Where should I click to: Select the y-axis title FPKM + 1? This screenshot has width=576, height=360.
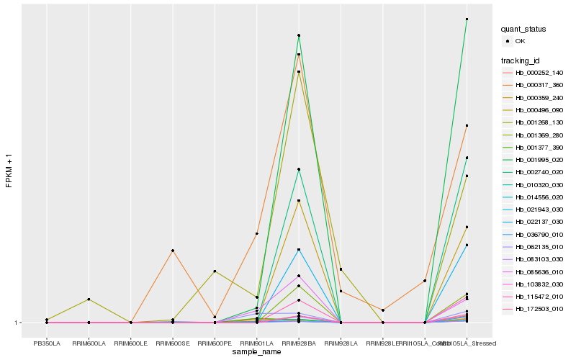tap(9, 170)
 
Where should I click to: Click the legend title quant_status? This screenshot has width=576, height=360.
tap(524, 29)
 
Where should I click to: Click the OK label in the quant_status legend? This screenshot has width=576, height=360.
tap(520, 41)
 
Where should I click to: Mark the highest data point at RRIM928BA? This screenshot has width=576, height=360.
tap(299, 35)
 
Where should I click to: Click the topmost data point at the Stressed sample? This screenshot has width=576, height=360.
tap(467, 19)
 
